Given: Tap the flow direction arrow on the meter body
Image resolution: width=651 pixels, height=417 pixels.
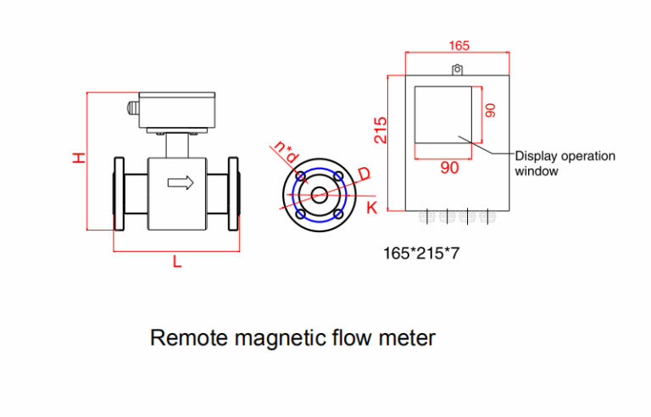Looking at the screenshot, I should click(180, 182).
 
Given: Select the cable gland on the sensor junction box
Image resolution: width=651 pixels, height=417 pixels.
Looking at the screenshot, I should click(131, 108).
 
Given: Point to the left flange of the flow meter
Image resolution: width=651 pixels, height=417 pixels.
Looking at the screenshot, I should click(118, 193).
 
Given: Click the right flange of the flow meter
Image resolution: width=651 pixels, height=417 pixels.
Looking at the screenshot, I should click(234, 193).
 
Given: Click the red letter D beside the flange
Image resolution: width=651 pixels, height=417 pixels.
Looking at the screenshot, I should click(364, 174).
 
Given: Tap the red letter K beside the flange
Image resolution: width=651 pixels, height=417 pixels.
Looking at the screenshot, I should click(370, 208).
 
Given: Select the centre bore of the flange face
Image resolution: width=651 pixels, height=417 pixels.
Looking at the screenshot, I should click(320, 195).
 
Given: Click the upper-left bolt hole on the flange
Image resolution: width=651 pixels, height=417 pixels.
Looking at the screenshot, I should click(300, 176).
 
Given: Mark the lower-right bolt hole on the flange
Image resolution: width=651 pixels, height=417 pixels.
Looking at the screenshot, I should click(338, 214).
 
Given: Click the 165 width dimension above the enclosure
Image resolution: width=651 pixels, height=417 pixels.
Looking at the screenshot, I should click(459, 45).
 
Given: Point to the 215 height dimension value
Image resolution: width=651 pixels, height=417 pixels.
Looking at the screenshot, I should click(381, 129).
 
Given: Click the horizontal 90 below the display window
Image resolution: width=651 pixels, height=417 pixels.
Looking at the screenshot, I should click(449, 168).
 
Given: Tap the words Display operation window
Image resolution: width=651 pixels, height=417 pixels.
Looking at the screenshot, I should click(565, 163).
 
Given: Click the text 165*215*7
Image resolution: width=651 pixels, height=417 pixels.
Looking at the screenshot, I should click(421, 252).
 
